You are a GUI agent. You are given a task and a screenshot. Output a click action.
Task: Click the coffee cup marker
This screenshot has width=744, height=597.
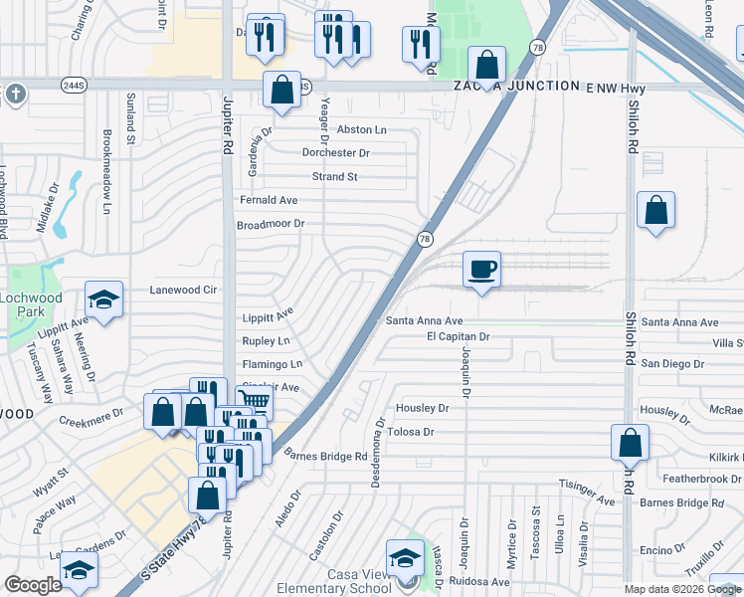[481, 270]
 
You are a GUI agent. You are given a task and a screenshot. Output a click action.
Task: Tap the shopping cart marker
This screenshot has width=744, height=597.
[255, 401]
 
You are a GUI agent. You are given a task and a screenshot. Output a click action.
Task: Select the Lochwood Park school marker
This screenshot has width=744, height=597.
[102, 299]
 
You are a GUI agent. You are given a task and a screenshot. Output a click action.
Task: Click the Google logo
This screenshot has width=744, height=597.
[33, 585]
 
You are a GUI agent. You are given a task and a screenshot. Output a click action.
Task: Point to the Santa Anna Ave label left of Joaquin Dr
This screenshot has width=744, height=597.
[425, 321]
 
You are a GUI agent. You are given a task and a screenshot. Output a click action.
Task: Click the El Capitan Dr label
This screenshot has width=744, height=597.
[459, 337]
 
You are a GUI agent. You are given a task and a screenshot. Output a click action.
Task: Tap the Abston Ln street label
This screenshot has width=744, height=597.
[361, 129]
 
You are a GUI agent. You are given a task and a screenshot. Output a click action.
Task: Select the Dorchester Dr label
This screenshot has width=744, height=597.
[336, 153]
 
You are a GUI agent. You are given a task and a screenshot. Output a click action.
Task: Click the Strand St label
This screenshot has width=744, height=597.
[334, 177]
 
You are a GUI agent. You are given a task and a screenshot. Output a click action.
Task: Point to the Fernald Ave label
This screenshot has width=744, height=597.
[269, 200]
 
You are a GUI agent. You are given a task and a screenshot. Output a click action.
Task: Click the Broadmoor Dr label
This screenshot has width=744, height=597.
[270, 224]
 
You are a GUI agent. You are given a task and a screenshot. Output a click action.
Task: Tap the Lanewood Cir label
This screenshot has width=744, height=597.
[182, 290]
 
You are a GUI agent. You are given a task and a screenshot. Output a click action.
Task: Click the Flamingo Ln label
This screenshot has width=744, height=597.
[272, 363]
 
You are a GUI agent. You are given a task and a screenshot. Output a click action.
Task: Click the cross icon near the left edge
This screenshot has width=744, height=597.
[15, 95]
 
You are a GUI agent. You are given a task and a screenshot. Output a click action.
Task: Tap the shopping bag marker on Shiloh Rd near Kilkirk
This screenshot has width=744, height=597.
[631, 442]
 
